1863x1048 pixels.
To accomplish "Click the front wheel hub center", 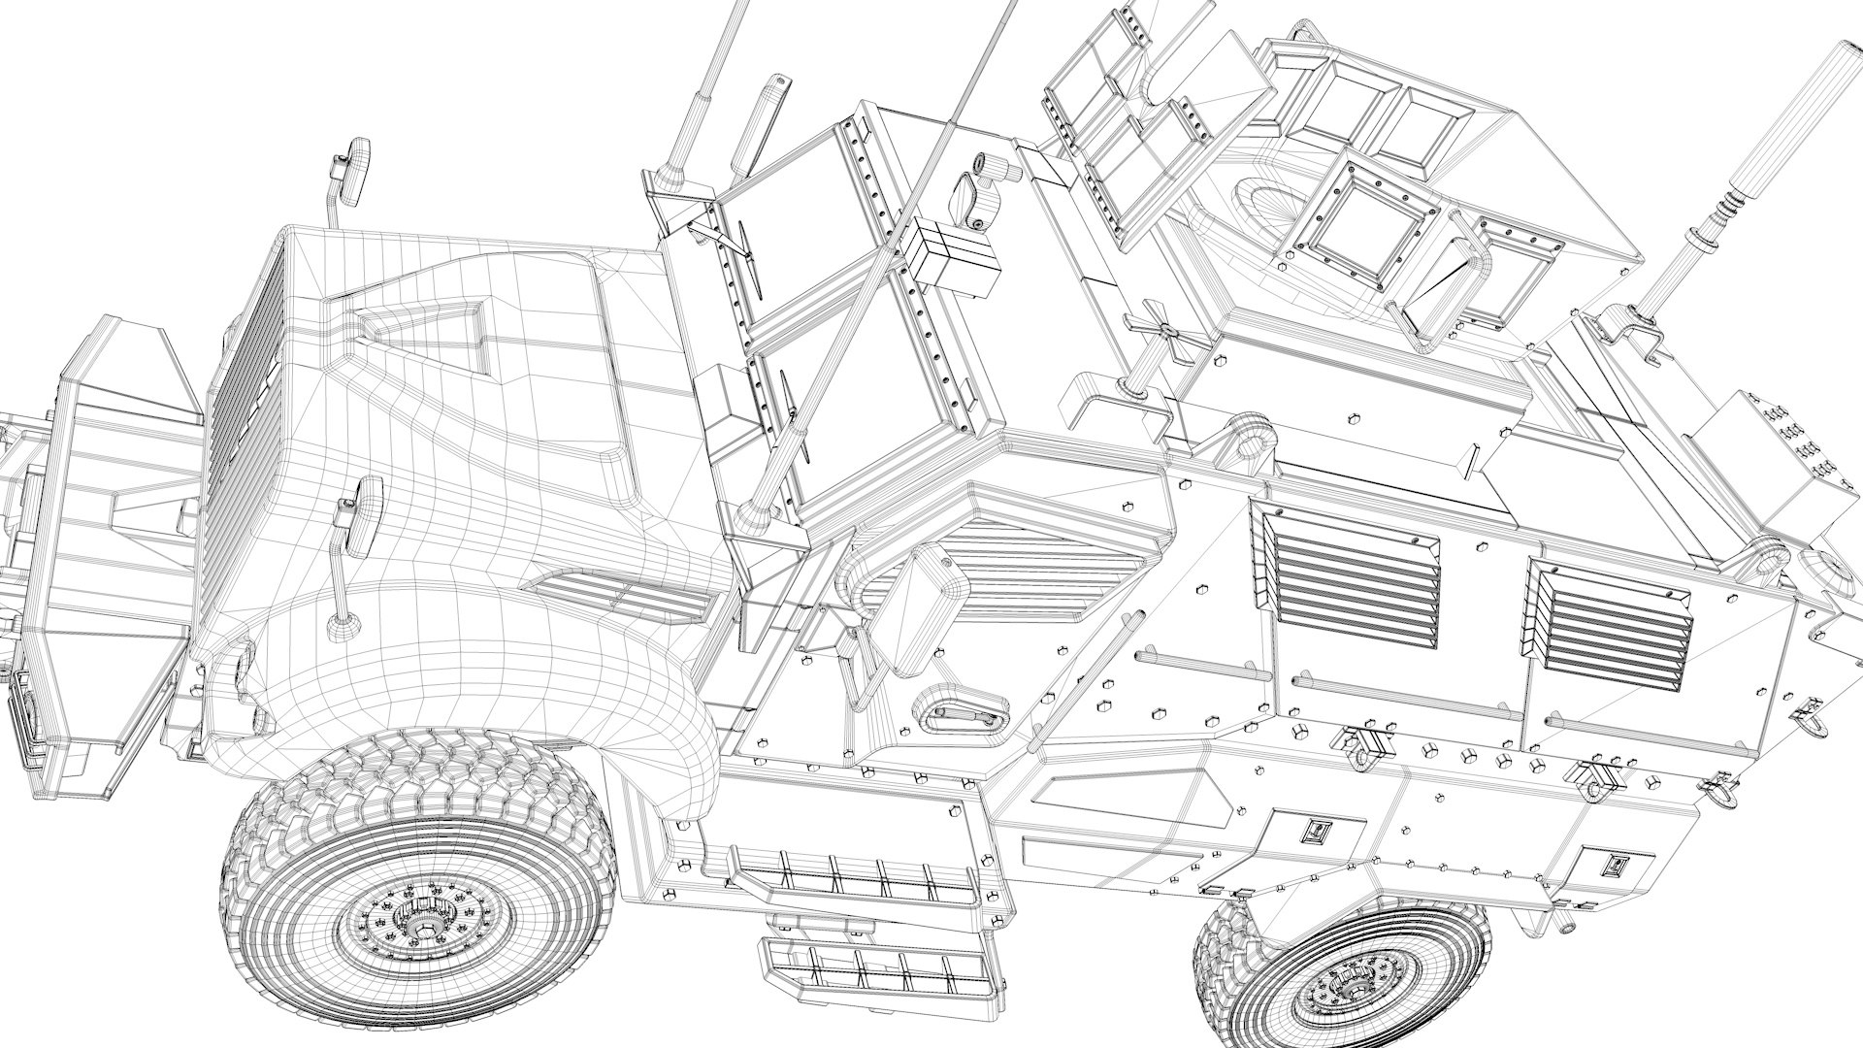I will (x=424, y=930).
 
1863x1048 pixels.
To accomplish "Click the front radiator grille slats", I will (x=240, y=408).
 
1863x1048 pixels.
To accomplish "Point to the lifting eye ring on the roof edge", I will (x=1252, y=442).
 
